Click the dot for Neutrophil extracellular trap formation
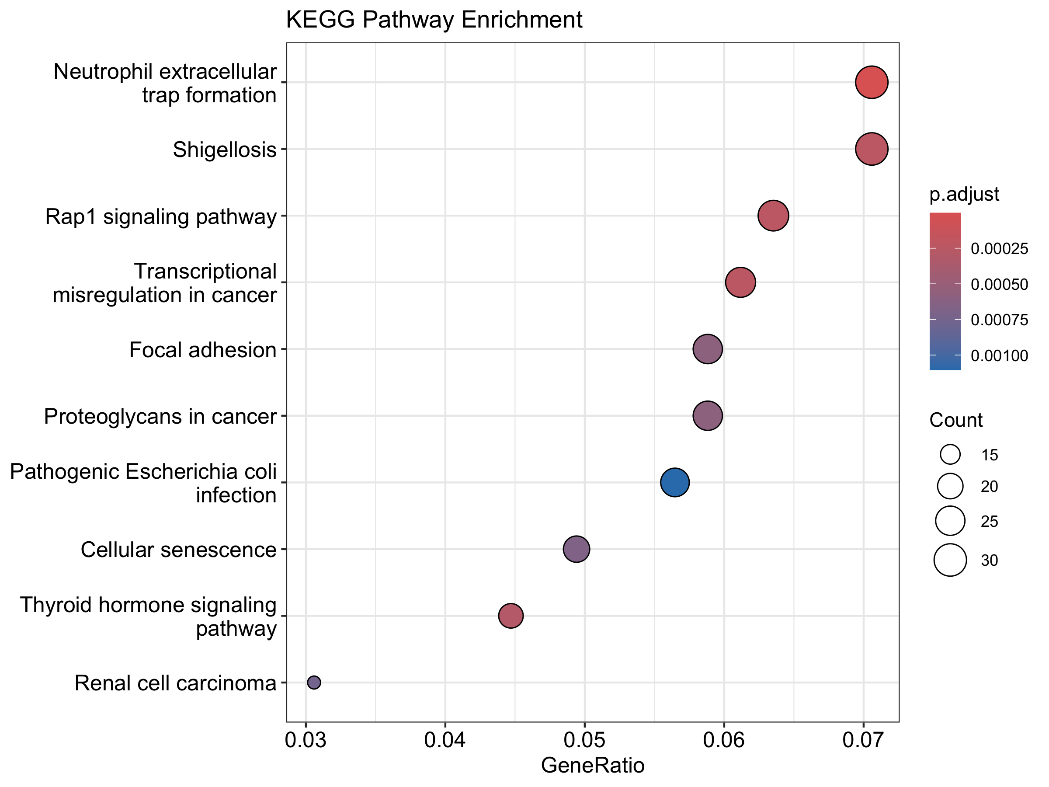pyautogui.click(x=871, y=82)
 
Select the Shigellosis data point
pyautogui.click(x=871, y=149)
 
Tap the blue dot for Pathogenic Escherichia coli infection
pyautogui.click(x=674, y=482)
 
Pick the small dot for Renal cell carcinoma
pyautogui.click(x=314, y=682)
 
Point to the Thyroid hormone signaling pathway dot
pyautogui.click(x=511, y=616)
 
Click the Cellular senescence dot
pyautogui.click(x=576, y=549)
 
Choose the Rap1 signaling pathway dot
pyautogui.click(x=773, y=216)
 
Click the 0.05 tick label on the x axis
pyautogui.click(x=584, y=740)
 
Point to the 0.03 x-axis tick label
pyautogui.click(x=306, y=740)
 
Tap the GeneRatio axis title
pyautogui.click(x=592, y=765)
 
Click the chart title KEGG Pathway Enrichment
pyautogui.click(x=434, y=20)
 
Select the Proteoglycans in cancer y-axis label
pyautogui.click(x=160, y=417)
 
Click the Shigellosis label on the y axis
pyautogui.click(x=224, y=150)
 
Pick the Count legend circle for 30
pyautogui.click(x=950, y=560)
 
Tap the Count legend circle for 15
pyautogui.click(x=950, y=454)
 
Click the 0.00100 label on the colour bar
pyautogui.click(x=999, y=356)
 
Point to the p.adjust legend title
pyautogui.click(x=964, y=194)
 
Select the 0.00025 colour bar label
pyautogui.click(x=999, y=249)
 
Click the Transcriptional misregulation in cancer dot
pyautogui.click(x=740, y=282)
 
